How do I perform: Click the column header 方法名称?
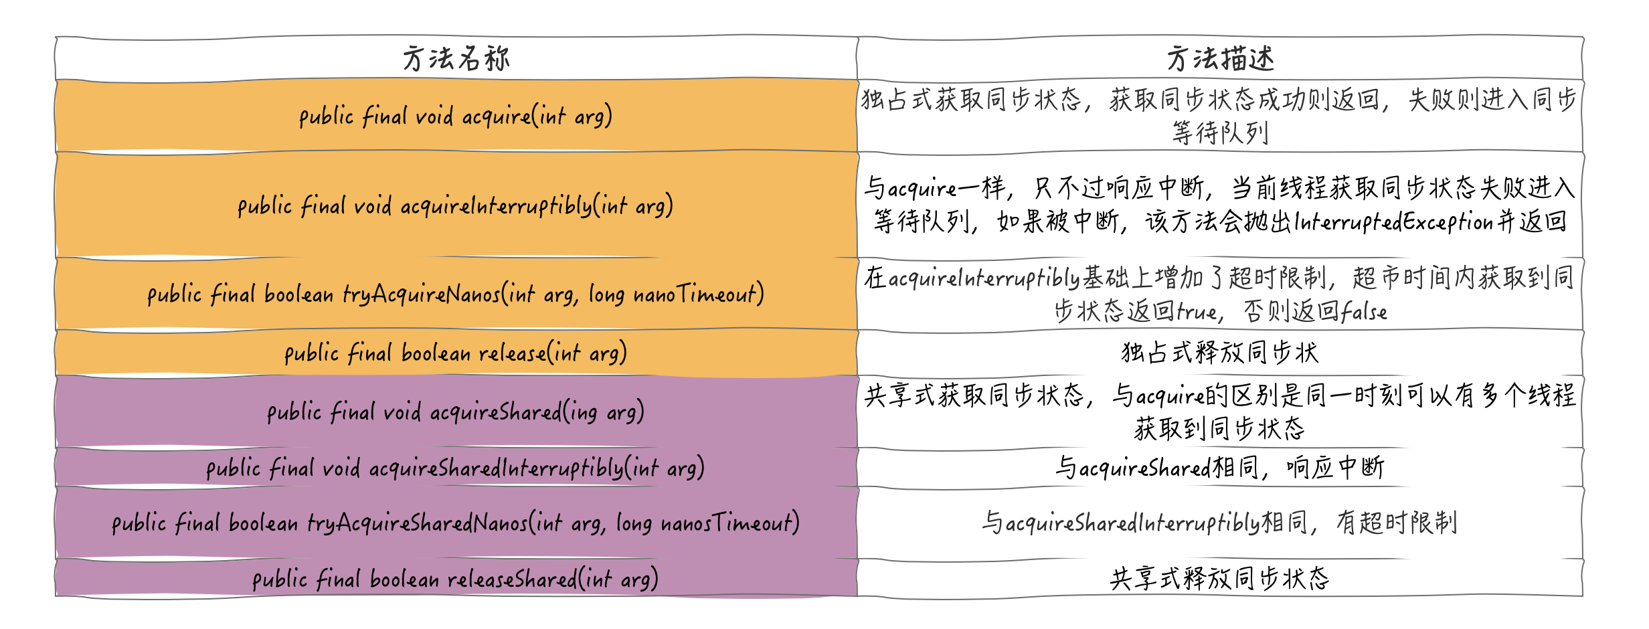tap(456, 59)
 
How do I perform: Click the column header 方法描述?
tap(1220, 59)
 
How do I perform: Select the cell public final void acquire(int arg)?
tap(456, 116)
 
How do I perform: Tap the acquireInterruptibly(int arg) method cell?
tap(456, 205)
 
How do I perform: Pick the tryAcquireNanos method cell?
tap(456, 294)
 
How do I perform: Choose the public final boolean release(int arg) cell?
tap(456, 353)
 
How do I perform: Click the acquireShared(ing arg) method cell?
tap(456, 412)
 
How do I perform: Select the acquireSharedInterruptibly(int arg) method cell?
tap(456, 468)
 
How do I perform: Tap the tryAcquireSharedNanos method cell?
tap(456, 523)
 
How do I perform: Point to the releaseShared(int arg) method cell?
tap(456, 579)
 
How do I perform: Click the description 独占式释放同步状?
tap(1220, 353)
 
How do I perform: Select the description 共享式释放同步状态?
tap(1220, 579)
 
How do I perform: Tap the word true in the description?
tap(1197, 311)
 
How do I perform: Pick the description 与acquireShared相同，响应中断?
tap(1220, 468)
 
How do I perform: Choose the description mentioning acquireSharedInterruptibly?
tap(1220, 523)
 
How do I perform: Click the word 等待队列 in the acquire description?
tap(1220, 133)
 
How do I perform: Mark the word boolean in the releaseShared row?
tap(404, 579)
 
